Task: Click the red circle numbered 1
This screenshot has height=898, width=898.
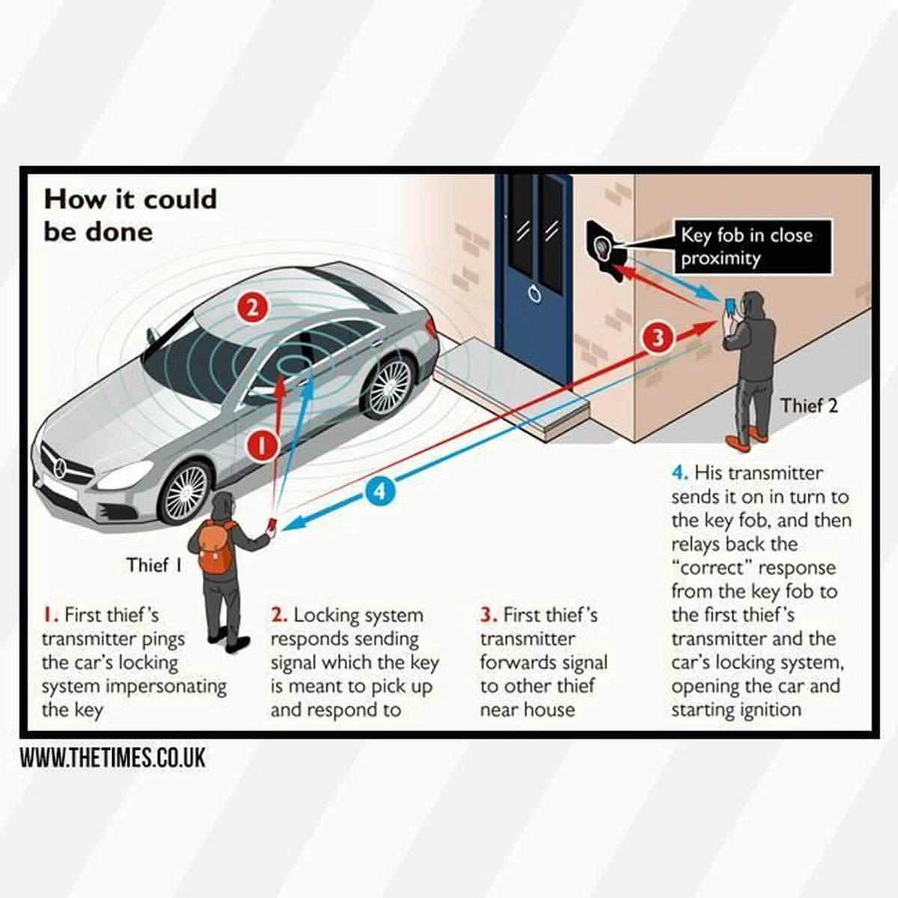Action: [263, 445]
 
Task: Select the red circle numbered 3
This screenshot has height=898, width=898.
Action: [658, 337]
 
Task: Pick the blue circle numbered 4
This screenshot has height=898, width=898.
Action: [380, 492]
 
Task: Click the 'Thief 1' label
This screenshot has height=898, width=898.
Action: [154, 565]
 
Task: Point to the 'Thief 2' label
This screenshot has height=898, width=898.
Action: [809, 406]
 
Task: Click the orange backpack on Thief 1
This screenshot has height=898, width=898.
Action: [216, 548]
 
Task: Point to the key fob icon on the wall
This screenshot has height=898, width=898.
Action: [603, 246]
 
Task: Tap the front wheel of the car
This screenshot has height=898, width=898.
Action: [185, 491]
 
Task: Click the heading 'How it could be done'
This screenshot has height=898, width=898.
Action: [130, 216]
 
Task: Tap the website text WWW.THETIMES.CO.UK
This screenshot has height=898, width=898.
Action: [112, 757]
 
